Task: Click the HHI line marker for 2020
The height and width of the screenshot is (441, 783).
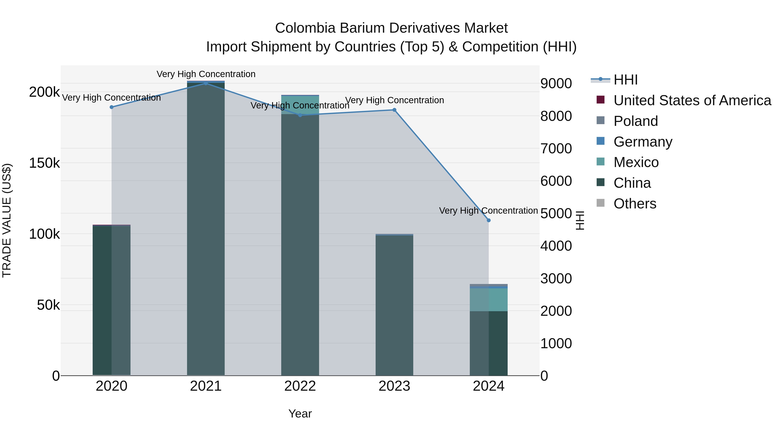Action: (112, 107)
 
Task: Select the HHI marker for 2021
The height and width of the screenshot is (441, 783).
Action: (206, 83)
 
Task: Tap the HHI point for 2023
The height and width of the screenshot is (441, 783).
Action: (394, 110)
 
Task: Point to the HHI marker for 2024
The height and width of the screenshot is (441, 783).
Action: (489, 220)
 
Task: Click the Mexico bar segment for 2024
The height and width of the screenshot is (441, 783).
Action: (489, 300)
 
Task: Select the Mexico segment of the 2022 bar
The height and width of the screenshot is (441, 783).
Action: (300, 105)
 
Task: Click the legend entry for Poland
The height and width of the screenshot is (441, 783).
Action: (636, 121)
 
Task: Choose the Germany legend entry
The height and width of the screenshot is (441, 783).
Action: (642, 142)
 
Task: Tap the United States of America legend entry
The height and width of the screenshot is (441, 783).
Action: (692, 100)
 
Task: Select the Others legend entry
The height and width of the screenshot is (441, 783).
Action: (635, 204)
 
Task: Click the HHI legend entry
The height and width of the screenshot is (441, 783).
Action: (625, 80)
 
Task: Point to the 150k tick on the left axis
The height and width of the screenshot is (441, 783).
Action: (44, 163)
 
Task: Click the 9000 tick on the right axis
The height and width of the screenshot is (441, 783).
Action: (556, 83)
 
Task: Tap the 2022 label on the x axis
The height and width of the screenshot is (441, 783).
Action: (300, 386)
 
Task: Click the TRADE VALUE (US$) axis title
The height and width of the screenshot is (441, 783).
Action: (7, 220)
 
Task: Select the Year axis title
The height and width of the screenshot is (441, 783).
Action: (300, 414)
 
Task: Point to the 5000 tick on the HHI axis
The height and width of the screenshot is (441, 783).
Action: (556, 213)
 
